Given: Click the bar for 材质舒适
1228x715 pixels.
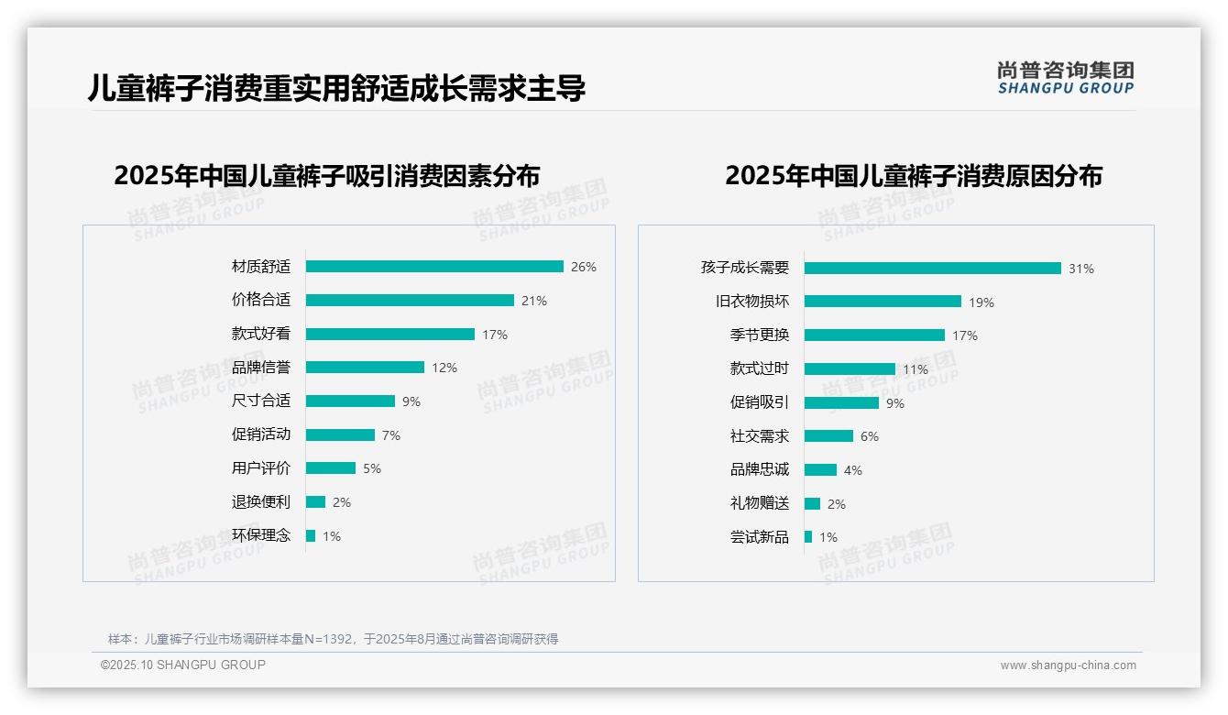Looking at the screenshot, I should tap(434, 267).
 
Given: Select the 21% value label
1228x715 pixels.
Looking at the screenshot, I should tap(534, 301).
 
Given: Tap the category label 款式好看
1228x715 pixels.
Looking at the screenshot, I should tap(260, 334).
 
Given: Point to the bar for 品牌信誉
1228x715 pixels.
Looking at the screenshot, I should tap(365, 368).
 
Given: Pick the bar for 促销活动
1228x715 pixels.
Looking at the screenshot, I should tap(340, 434).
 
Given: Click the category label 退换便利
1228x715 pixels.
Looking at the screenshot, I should tap(260, 502).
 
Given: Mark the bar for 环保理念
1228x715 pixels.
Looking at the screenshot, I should tap(311, 535).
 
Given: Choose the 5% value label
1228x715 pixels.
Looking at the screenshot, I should tap(372, 468).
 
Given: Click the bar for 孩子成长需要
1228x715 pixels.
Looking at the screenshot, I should tap(932, 269).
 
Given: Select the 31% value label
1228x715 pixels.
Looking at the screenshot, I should tap(1081, 269).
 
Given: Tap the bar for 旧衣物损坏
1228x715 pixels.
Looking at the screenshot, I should tap(883, 302).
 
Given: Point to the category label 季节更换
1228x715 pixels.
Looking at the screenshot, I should tap(759, 335).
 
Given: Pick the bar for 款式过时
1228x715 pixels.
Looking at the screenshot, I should tap(850, 369).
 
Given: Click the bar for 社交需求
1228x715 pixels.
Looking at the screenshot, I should tap(828, 436).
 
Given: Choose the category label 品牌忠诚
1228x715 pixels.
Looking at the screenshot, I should tap(759, 470).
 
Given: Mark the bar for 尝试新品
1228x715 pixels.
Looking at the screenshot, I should tap(808, 537).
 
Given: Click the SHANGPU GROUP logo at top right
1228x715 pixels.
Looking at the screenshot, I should tap(1065, 77).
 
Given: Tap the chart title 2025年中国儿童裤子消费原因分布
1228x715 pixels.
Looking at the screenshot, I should tap(913, 176).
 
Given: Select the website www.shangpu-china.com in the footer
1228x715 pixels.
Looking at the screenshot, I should tap(1068, 665).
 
